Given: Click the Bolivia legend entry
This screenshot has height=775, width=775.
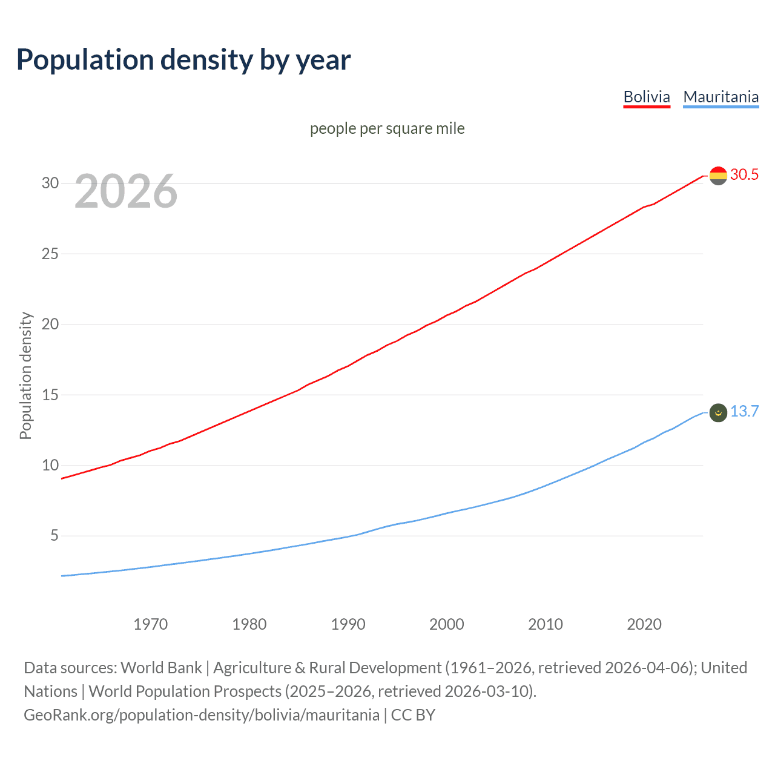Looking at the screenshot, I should (647, 97).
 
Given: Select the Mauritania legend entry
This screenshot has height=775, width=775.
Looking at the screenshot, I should (721, 97).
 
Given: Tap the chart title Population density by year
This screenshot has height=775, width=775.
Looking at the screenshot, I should (183, 60).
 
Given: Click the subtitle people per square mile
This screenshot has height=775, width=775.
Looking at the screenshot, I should (387, 128).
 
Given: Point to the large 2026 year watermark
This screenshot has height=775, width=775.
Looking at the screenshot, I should (126, 191).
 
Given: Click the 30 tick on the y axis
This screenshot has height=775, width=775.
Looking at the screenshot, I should (50, 183).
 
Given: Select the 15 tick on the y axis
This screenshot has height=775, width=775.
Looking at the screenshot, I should (50, 395).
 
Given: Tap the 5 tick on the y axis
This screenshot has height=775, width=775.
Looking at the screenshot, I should (54, 536).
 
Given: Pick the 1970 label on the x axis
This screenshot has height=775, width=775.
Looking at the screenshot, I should (151, 624).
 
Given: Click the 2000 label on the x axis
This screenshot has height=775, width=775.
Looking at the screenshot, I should (447, 624).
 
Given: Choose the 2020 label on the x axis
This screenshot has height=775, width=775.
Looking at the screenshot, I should (644, 624).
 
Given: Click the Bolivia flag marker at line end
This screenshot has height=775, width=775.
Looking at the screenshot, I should (718, 176).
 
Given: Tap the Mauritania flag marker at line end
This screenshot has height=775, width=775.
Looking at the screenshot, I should (718, 413).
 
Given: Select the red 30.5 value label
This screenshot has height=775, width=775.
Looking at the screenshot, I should (744, 175).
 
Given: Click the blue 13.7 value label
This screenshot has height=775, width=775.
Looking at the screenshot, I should (744, 412).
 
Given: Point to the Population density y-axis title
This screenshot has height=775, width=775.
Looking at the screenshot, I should (25, 375).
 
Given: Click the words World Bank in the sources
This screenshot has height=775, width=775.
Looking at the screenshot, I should (161, 668).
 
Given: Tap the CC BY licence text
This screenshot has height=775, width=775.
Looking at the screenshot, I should (413, 715).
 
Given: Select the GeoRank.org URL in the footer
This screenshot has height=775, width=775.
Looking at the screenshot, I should (202, 715).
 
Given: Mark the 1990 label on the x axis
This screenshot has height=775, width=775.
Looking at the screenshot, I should (348, 624).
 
